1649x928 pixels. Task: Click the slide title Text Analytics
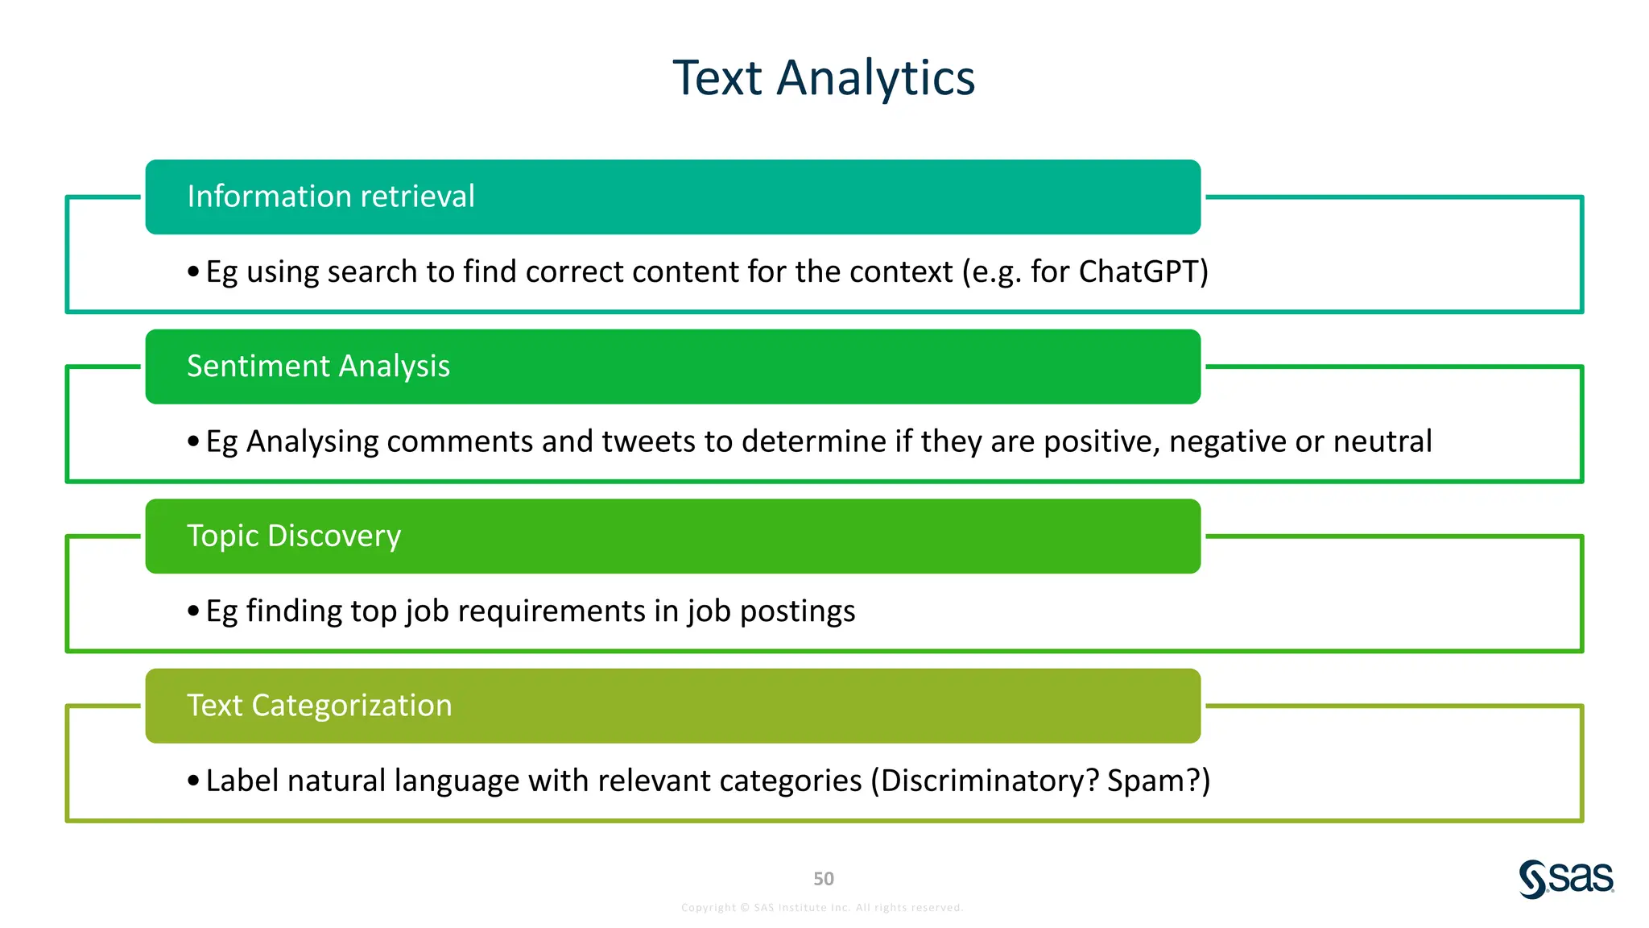pos(824,78)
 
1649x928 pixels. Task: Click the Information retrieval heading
pos(331,197)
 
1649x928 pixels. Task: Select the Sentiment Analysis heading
pos(318,367)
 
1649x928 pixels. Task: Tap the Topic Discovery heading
pos(294,536)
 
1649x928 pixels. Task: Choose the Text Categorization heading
pos(320,706)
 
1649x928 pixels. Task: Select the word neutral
pos(1382,441)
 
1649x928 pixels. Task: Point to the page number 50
pos(824,879)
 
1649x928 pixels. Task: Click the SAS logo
pos(1566,879)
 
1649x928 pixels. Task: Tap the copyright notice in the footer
pos(822,908)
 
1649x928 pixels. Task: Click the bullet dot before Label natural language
pos(193,781)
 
